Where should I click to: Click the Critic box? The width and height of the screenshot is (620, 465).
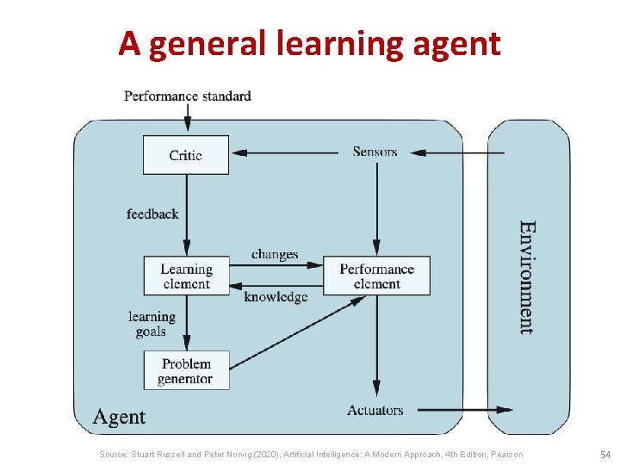click(x=185, y=155)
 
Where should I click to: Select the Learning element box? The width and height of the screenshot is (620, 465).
click(x=186, y=276)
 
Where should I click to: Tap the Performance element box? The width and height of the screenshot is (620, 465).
click(x=376, y=276)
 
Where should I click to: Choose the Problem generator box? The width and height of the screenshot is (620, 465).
click(x=185, y=370)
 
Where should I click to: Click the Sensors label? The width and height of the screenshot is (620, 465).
click(x=375, y=152)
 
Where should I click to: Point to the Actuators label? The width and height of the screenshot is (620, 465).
click(x=375, y=410)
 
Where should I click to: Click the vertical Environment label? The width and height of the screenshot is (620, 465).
click(x=527, y=277)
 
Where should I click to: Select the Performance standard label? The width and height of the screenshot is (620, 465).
click(x=188, y=96)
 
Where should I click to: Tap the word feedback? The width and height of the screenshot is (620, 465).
click(x=152, y=214)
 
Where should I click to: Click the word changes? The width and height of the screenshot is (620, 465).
click(x=275, y=254)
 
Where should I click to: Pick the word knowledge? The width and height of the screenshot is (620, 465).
click(x=276, y=297)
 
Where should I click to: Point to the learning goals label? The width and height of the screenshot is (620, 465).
click(x=152, y=324)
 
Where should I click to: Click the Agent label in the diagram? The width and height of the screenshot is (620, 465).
click(x=119, y=417)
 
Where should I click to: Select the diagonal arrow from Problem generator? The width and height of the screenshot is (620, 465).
click(x=293, y=333)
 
